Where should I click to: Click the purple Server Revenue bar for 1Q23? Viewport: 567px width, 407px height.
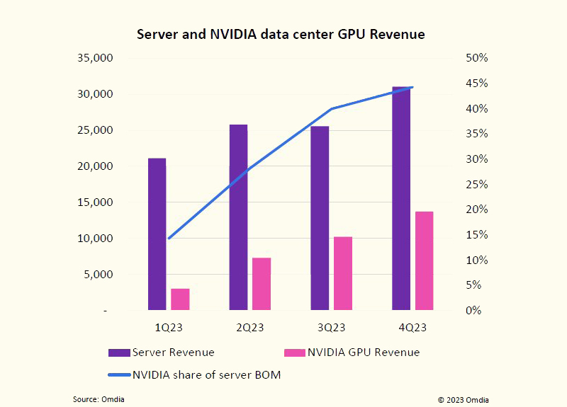[x=157, y=234]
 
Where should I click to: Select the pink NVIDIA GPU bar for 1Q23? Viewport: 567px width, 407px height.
[x=180, y=299]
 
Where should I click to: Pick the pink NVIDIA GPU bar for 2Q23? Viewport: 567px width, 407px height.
[x=262, y=283]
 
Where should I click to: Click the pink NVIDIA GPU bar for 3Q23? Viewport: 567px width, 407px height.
[x=343, y=273]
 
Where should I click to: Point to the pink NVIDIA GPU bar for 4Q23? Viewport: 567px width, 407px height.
[x=424, y=260]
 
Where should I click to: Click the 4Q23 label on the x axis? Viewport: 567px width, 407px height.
[x=412, y=327]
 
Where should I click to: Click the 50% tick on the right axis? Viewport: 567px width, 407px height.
[x=476, y=58]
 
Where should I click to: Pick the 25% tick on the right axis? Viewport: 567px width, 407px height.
[x=476, y=184]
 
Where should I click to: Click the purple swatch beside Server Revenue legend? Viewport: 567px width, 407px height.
[x=119, y=352]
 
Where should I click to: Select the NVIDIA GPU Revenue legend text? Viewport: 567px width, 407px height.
[x=363, y=352]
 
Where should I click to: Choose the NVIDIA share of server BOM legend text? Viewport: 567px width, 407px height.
[x=207, y=375]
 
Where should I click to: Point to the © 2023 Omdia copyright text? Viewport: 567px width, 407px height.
[x=463, y=399]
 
